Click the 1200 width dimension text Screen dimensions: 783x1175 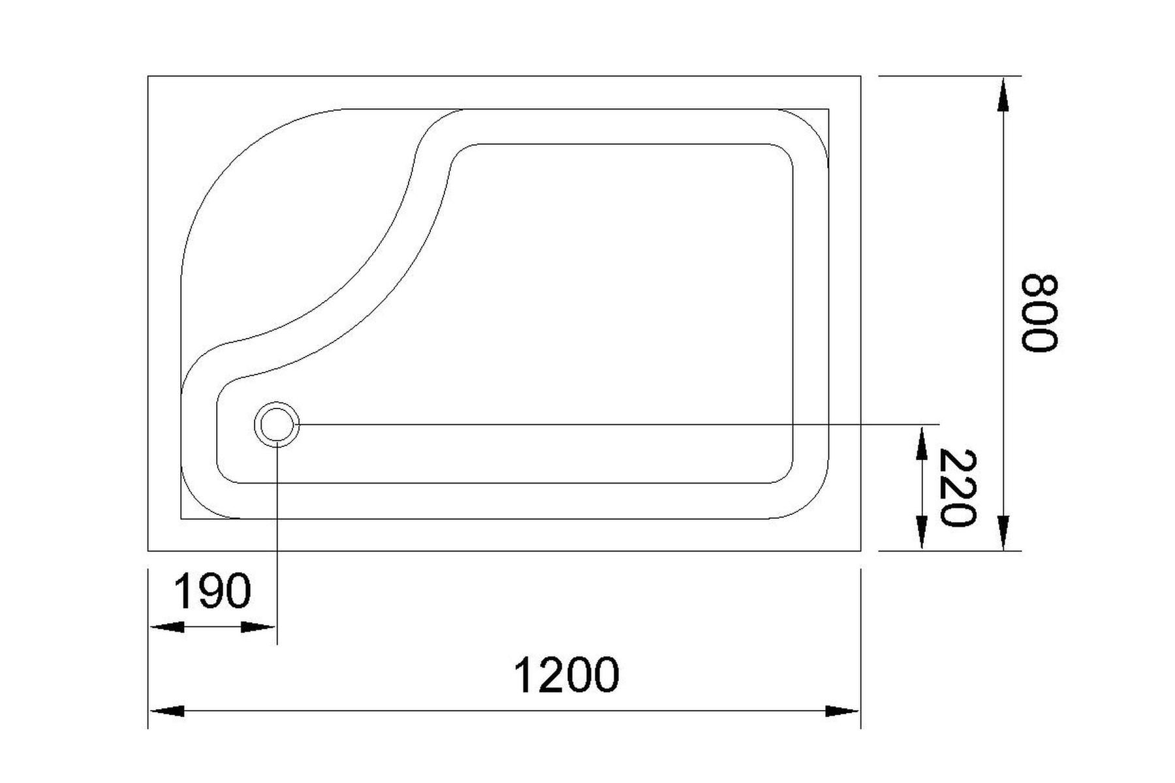click(x=566, y=675)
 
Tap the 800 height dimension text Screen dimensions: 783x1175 click(x=1038, y=313)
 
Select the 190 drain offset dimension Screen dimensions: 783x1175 click(x=212, y=591)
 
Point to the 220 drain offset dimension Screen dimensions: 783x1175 click(x=958, y=487)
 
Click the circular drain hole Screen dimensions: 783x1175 click(x=277, y=424)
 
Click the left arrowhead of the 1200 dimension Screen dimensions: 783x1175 click(x=167, y=711)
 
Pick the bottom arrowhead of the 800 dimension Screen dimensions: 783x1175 click(x=1004, y=532)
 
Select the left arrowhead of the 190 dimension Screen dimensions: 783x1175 click(x=167, y=627)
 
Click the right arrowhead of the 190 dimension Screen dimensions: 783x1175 click(x=258, y=627)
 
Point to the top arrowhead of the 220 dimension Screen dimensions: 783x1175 click(x=921, y=444)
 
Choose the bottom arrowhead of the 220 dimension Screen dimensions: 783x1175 click(x=921, y=532)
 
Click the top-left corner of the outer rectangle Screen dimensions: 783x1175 click(x=148, y=76)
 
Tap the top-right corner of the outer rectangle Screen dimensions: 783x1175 click(x=860, y=76)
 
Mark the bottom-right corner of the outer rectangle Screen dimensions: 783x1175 click(x=860, y=551)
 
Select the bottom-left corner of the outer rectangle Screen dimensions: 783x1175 click(x=148, y=551)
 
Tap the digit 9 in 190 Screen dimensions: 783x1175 click(x=212, y=591)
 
